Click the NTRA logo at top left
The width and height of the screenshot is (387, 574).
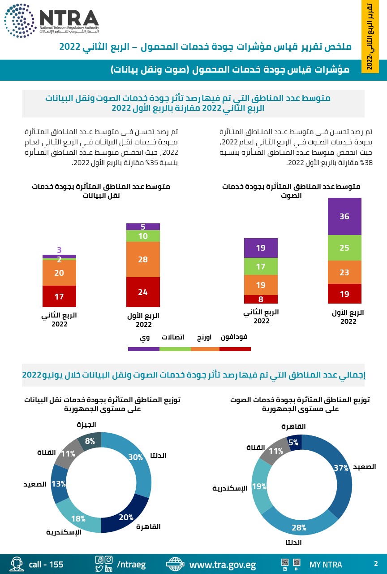point(52,21)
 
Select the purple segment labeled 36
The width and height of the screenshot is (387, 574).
point(344,216)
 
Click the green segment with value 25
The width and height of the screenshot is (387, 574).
point(344,248)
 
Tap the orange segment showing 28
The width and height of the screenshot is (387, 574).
point(143,259)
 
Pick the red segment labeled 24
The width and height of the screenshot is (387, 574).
point(143,292)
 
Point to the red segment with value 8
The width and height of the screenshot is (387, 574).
point(261,299)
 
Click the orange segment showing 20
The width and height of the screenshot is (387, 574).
point(59,273)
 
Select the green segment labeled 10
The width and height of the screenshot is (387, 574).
point(143,236)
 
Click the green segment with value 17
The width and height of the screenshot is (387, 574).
point(261,266)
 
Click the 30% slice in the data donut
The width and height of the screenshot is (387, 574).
point(136,457)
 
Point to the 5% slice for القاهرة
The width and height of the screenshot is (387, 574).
point(294,442)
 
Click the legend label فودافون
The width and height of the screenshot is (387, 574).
point(234,337)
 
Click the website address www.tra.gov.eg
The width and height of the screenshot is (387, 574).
point(223,564)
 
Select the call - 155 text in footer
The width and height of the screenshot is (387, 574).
point(46,564)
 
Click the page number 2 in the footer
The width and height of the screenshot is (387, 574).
point(376,564)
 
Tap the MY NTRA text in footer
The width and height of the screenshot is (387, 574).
point(326,565)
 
